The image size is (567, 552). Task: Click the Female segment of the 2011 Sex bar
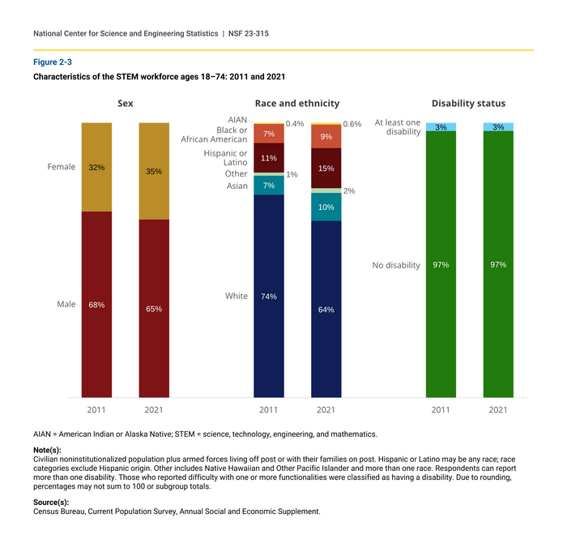(x=96, y=167)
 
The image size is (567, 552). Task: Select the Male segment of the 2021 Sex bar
(x=154, y=308)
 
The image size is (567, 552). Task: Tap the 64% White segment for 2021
(x=326, y=309)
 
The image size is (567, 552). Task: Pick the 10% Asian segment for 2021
(x=326, y=207)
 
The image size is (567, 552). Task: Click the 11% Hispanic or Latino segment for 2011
(x=269, y=158)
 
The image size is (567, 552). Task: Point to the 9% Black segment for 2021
(x=326, y=137)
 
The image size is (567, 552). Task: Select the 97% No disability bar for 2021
(x=498, y=264)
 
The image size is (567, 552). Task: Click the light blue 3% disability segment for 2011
(x=441, y=127)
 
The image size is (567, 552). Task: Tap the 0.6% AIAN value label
(x=352, y=124)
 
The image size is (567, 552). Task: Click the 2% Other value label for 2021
(x=349, y=191)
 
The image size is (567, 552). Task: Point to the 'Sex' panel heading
(x=126, y=104)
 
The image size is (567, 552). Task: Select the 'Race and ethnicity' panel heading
(x=297, y=104)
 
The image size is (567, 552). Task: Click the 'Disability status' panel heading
(x=468, y=104)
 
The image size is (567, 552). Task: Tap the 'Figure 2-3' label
(x=53, y=62)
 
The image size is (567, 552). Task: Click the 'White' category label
(x=237, y=296)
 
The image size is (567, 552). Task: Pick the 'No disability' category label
(x=396, y=265)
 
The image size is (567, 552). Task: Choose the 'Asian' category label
(x=237, y=186)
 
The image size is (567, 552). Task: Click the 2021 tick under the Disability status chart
(x=498, y=409)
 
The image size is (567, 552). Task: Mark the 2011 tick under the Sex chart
(x=96, y=409)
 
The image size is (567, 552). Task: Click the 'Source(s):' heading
(x=51, y=503)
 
